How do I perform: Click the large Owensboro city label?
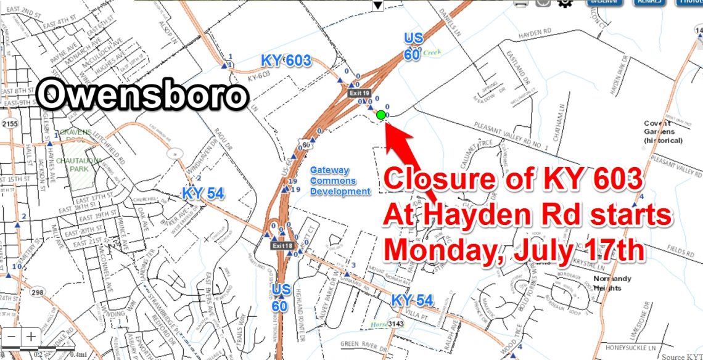point(142,96)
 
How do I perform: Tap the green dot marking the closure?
point(381,115)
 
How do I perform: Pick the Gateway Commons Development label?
point(340,181)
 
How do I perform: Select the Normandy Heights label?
point(612,282)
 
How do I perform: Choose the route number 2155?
point(9,124)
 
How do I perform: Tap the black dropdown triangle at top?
point(378,5)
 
